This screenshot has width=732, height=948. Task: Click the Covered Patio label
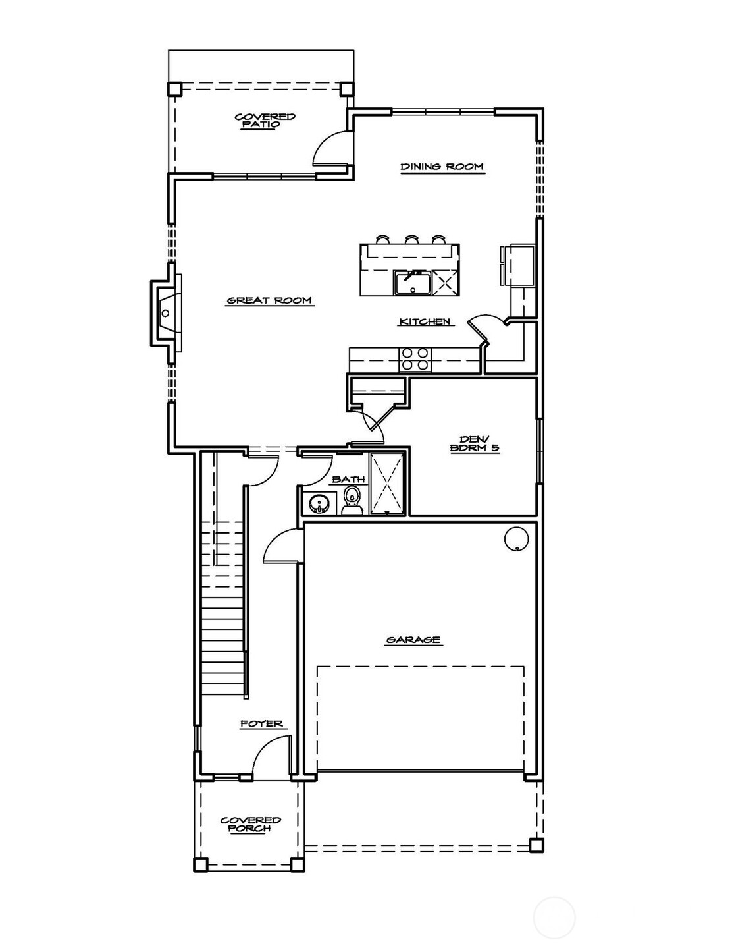coord(265,120)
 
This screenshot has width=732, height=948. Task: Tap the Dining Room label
coord(442,167)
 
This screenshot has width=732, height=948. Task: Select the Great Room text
coord(269,301)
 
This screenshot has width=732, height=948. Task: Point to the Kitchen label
coord(425,321)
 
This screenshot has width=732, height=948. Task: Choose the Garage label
coord(413,640)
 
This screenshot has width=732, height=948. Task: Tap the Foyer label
coord(261,723)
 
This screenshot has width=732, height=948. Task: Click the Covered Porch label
coord(250,823)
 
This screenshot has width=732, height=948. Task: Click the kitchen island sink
coord(411,282)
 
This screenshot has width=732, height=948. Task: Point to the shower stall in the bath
coord(388,482)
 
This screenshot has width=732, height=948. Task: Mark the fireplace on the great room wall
coord(166,313)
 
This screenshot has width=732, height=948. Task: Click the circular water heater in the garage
coord(516,538)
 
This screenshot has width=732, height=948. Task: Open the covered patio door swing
coord(331,148)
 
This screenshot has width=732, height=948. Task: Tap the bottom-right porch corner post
coord(536,845)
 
